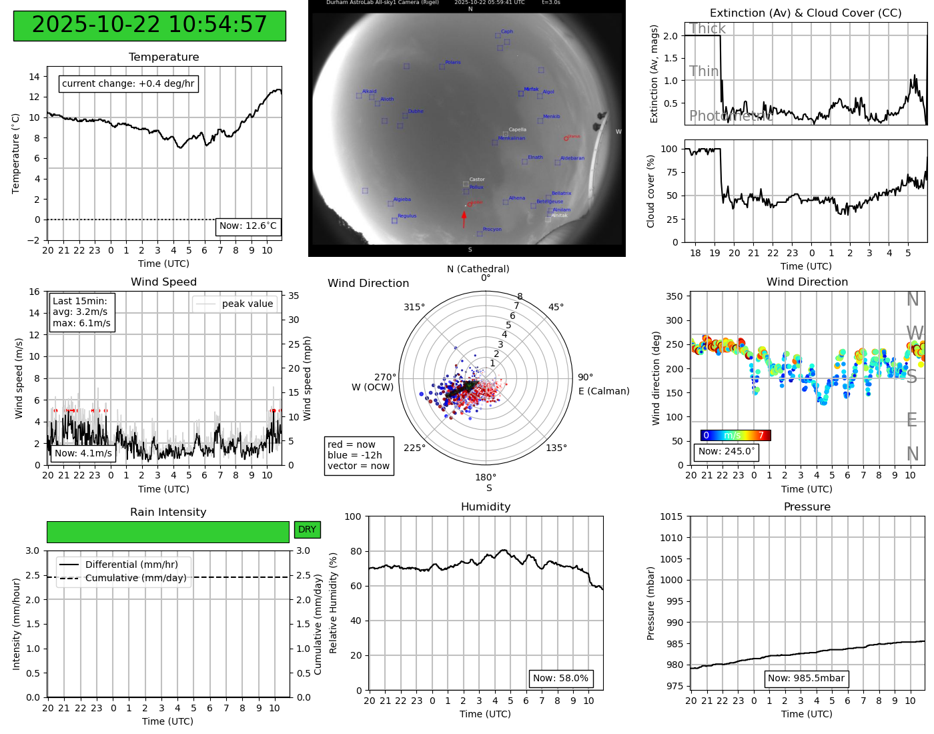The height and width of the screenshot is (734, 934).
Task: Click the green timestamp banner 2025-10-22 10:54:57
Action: pos(149,25)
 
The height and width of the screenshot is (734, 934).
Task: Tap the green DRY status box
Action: pos(307,530)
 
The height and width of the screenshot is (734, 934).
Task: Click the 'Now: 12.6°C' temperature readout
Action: pos(248,226)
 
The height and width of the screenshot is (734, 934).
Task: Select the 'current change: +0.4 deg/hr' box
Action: pos(128,84)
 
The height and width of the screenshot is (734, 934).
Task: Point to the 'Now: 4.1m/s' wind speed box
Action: pos(83,454)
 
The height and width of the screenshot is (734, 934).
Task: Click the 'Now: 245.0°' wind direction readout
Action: pos(727,452)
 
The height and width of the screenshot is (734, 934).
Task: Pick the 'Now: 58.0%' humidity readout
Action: pos(560,679)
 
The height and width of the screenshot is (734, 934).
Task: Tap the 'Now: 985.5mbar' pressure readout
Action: pos(806,679)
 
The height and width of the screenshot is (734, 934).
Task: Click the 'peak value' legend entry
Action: pos(247,304)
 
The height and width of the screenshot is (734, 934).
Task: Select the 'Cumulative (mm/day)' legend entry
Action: pos(135,579)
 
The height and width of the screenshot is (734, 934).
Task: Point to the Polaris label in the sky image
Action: pos(453,63)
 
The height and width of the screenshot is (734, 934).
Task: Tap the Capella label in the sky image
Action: pos(518,130)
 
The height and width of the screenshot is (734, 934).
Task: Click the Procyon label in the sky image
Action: pos(492,230)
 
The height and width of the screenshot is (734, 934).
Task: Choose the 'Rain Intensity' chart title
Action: pos(168,512)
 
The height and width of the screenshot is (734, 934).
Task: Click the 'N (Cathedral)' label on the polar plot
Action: pos(478,269)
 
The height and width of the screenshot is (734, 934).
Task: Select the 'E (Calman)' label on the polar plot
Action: pos(604,391)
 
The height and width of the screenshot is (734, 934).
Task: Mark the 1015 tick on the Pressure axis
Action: pos(671,516)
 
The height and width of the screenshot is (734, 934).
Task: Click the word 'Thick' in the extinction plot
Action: pos(707,29)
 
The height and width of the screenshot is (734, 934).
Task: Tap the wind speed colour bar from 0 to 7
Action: pos(735,436)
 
